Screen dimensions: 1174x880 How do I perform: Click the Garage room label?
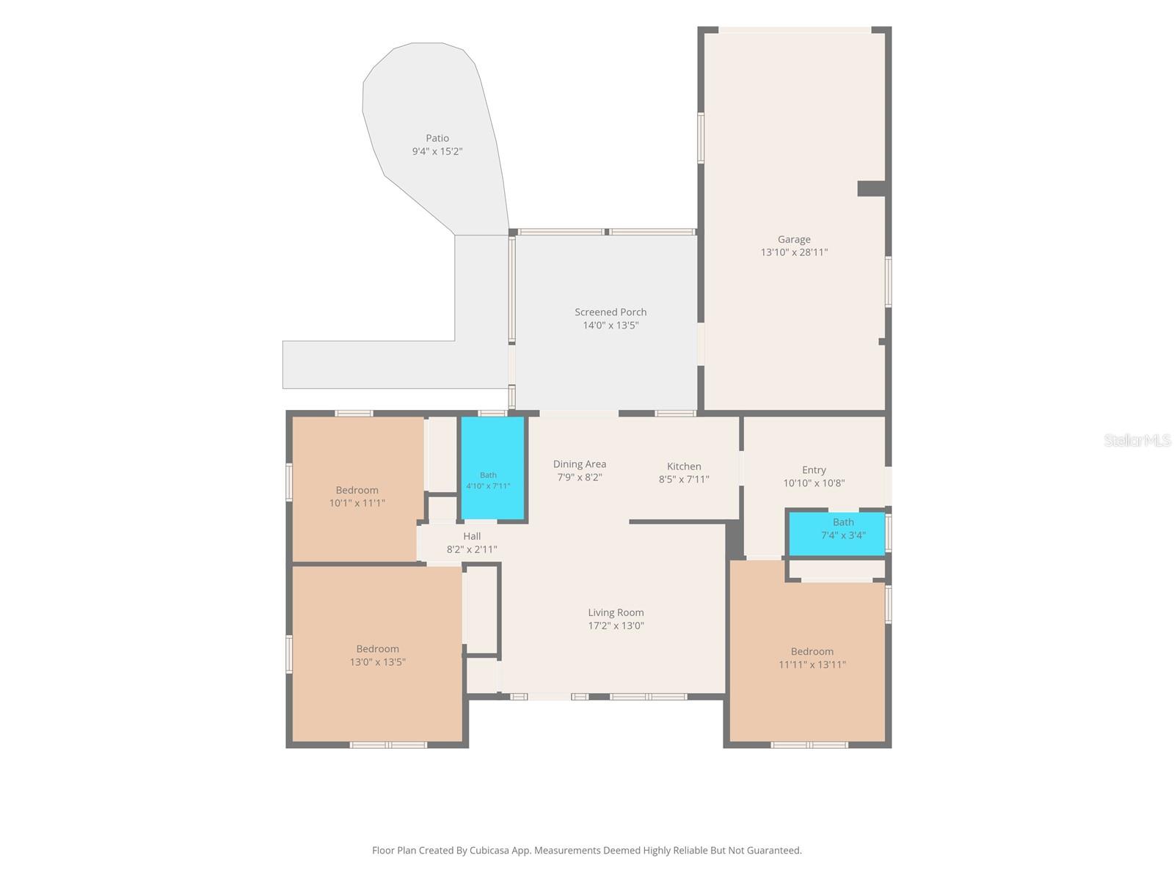[794, 239]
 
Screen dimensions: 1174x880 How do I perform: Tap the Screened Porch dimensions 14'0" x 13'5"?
[610, 326]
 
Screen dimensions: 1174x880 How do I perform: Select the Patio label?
[437, 139]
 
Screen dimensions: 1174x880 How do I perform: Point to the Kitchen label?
[684, 466]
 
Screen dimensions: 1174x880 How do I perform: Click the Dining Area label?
[579, 464]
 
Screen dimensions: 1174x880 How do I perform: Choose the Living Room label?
[616, 613]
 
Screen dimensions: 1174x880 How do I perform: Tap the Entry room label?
[814, 470]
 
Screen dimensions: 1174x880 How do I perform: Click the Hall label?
[472, 536]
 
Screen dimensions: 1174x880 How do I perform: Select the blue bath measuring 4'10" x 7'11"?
[492, 468]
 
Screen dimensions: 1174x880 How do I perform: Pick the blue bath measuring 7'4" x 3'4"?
[837, 534]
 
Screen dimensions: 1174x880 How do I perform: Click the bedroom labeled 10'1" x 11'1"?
[357, 490]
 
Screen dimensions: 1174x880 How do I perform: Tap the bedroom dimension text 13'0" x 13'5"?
[378, 662]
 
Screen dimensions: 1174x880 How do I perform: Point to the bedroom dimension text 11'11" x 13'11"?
[812, 664]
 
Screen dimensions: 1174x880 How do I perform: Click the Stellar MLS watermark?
[1137, 440]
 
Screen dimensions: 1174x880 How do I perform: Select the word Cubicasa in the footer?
[489, 851]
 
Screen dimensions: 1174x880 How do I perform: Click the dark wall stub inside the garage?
[871, 188]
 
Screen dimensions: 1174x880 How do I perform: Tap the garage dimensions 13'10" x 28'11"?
[794, 252]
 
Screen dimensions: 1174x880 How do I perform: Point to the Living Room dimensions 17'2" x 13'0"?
[616, 626]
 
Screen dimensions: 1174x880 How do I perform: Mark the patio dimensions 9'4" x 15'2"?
[437, 152]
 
